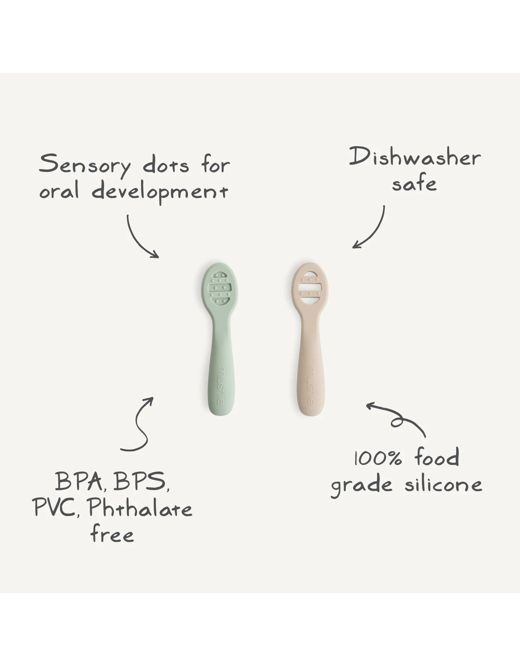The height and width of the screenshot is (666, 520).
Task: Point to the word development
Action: pyautogui.click(x=160, y=192)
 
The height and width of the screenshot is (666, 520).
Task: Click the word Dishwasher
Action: pyautogui.click(x=415, y=158)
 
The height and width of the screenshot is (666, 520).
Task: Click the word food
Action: pyautogui.click(x=437, y=457)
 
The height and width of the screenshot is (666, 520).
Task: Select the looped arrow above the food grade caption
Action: pyautogui.click(x=397, y=420)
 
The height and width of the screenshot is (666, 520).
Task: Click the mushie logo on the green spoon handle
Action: pyautogui.click(x=220, y=386)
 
